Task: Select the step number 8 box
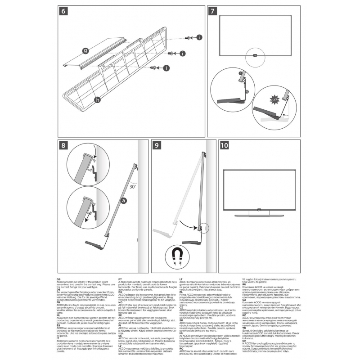(63, 145)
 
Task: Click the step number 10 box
(224, 145)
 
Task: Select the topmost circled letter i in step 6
(199, 38)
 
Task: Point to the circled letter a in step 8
(123, 202)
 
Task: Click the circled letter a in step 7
(241, 72)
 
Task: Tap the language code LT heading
(181, 280)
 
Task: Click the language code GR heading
(243, 342)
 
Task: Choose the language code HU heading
(181, 333)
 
